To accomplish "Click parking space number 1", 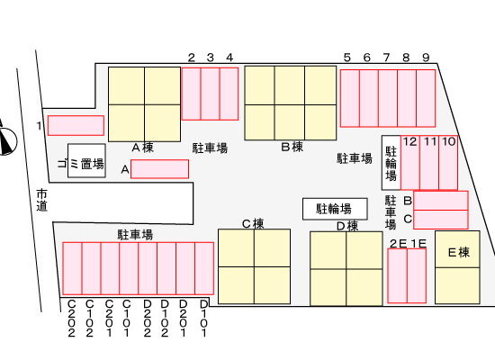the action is (76, 125).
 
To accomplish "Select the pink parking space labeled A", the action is (159, 169).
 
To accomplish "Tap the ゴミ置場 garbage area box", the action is (86, 161).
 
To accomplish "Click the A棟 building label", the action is (143, 148).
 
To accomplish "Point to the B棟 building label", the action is (292, 147).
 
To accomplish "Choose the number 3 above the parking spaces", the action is (211, 58).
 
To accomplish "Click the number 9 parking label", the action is (426, 58).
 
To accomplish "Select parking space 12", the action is (410, 163).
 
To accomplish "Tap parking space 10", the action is (448, 163).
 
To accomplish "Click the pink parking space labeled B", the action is (441, 201).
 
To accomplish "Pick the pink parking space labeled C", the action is (441, 220).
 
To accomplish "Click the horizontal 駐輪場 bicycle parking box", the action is (335, 209).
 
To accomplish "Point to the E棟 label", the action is (459, 252).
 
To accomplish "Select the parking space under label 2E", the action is (398, 276).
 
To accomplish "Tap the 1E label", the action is (418, 244).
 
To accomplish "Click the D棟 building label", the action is (347, 226).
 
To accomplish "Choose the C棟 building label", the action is (253, 224).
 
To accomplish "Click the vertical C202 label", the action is (72, 319).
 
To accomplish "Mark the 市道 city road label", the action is (41, 200).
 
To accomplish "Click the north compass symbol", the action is (7, 140).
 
